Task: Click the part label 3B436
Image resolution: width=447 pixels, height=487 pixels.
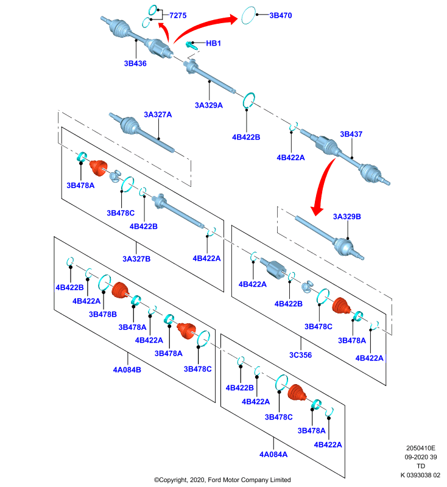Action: (x=135, y=63)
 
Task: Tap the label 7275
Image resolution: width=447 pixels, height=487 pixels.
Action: (x=178, y=15)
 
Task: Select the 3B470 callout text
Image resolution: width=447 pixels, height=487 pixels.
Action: (x=281, y=15)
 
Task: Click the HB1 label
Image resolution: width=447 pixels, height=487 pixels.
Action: (x=213, y=43)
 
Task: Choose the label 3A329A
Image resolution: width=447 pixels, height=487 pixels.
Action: (x=209, y=105)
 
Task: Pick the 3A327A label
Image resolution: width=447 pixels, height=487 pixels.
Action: (x=158, y=114)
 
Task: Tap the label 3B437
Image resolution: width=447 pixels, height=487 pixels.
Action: (x=351, y=134)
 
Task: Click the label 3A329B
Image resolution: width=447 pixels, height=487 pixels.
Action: (x=347, y=217)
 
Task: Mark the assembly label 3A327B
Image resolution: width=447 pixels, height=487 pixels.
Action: (x=136, y=259)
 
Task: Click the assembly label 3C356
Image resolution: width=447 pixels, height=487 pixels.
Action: (x=300, y=355)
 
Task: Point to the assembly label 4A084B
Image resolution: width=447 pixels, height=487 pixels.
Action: (x=127, y=370)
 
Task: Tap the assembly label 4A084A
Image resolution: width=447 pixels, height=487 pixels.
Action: (x=273, y=454)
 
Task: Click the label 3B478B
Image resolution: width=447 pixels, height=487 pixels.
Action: (x=103, y=314)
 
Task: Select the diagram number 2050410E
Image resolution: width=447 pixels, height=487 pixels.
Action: (x=421, y=448)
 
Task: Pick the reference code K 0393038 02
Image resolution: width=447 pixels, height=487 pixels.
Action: (x=420, y=475)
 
